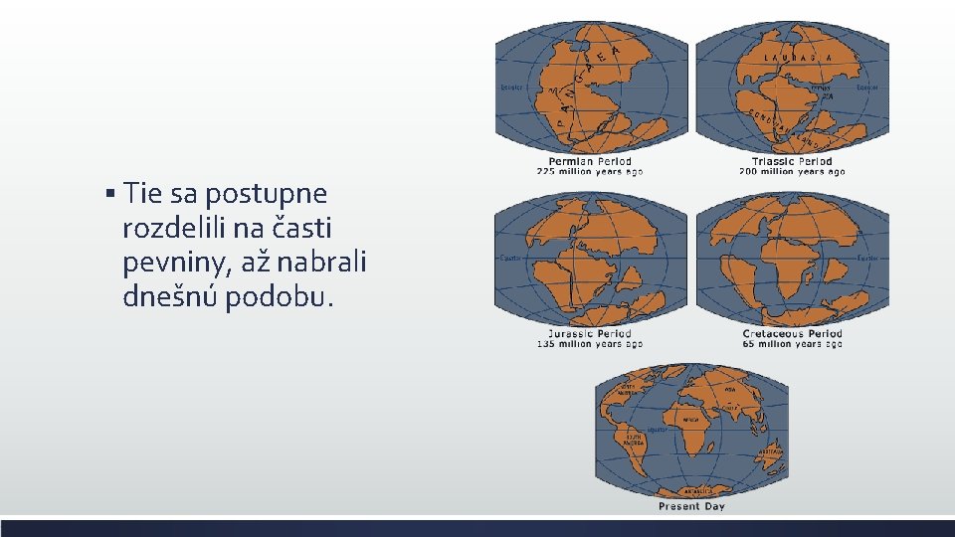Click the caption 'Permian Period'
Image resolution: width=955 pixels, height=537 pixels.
(x=590, y=161)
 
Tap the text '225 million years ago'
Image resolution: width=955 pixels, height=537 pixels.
(x=590, y=172)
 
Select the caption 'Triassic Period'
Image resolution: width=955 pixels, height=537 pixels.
(x=792, y=161)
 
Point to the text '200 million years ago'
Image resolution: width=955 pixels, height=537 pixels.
(x=792, y=172)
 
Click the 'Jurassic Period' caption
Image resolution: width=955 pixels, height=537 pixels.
(x=590, y=333)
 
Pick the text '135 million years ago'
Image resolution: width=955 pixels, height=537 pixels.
(x=590, y=344)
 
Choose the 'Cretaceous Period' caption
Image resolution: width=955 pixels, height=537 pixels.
(x=792, y=333)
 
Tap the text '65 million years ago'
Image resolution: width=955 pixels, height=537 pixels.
(x=792, y=344)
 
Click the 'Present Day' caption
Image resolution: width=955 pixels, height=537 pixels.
(x=691, y=506)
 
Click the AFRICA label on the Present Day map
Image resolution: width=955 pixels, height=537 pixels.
(x=689, y=421)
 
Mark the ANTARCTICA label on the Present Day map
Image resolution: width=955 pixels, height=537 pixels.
(x=690, y=490)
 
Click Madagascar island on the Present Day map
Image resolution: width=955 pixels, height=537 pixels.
(x=720, y=447)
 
